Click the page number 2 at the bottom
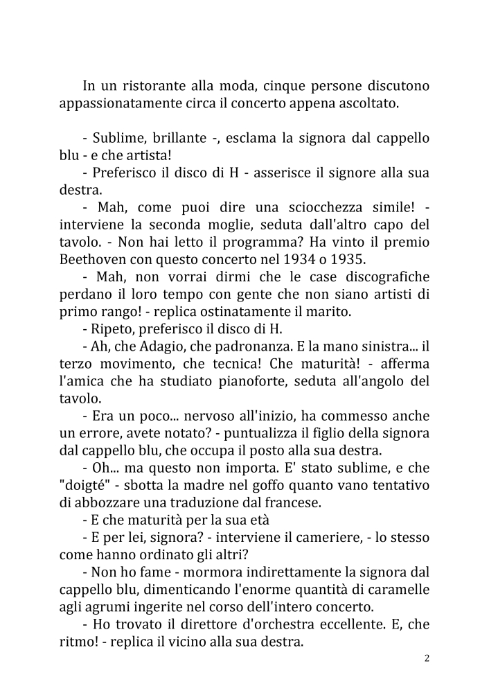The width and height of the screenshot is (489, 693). (427, 658)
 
